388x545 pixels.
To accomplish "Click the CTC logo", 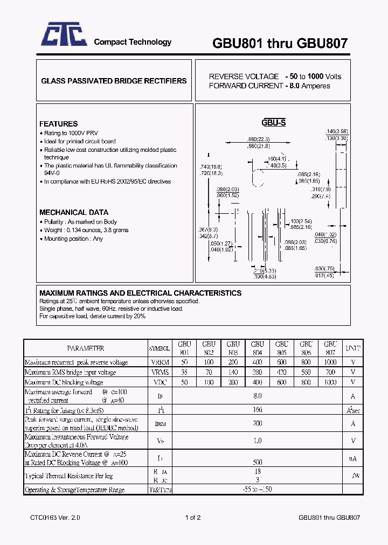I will (x=64, y=37).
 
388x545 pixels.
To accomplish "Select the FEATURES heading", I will (x=58, y=124).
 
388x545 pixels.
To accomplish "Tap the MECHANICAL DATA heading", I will (x=73, y=212).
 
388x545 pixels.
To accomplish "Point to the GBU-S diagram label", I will (x=273, y=123).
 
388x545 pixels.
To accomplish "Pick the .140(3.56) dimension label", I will (x=337, y=131).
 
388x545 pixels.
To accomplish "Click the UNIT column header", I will (x=353, y=348).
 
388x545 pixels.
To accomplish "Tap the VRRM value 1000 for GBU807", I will (x=330, y=362).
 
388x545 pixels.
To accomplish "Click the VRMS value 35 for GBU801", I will (x=184, y=372).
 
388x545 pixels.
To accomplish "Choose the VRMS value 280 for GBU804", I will (x=257, y=372).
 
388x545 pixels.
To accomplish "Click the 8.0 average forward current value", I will (x=257, y=396).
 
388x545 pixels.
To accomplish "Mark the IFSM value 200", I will (x=257, y=424).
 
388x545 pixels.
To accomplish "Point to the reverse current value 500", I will (x=257, y=462).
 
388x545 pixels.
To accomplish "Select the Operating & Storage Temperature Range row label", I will (x=75, y=490).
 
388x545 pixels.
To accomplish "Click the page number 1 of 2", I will (x=192, y=518).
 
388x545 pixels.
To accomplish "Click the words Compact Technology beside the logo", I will (x=133, y=42).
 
